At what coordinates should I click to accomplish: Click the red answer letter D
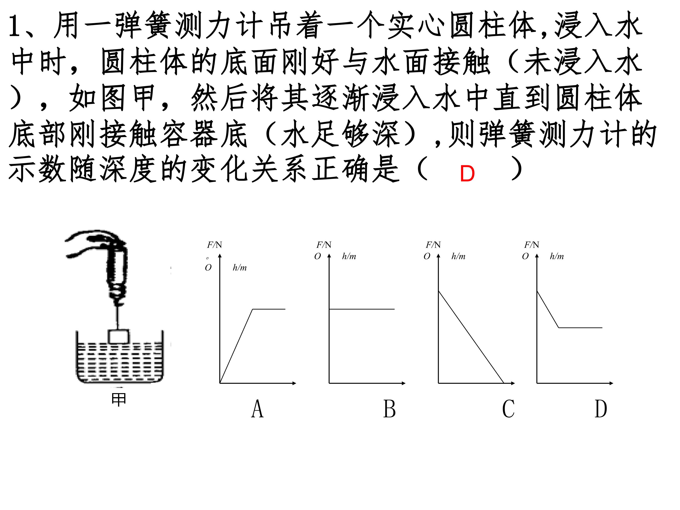point(467,174)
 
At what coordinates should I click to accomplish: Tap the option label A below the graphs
point(258,409)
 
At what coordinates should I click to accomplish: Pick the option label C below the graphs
point(508,409)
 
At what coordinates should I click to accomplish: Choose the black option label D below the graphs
point(601,409)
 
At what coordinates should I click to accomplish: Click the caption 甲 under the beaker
point(119,400)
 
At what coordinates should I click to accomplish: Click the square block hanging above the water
point(119,336)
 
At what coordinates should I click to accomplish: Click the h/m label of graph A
point(239,268)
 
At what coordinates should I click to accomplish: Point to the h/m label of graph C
point(458,256)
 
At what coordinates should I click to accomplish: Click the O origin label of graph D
point(525,256)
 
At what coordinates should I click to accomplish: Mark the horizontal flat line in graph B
point(362,309)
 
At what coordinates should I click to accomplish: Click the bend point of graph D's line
point(559,328)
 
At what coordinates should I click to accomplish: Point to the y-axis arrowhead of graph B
point(329,256)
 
